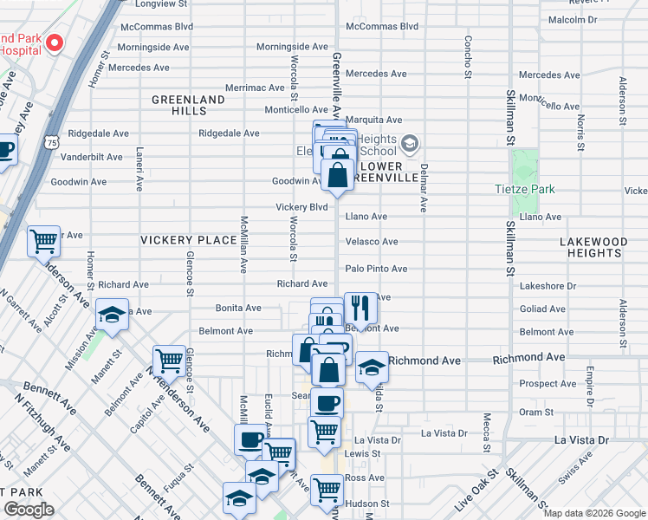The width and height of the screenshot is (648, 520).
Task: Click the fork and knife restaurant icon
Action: point(360,308)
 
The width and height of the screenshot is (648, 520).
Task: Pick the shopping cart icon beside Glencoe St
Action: point(169,361)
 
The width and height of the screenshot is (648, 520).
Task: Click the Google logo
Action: point(29,510)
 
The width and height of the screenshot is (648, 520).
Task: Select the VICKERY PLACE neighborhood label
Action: point(189,240)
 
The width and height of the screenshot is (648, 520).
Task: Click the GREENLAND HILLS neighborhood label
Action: point(189,105)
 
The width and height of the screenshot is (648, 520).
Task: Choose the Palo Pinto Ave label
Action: point(376,270)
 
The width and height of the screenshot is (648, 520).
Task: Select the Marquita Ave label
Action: point(374,120)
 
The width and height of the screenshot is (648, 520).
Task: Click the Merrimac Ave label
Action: point(255,88)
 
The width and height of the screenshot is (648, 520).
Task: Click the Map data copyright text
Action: point(594,513)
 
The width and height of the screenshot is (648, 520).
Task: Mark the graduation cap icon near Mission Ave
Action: point(112,317)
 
